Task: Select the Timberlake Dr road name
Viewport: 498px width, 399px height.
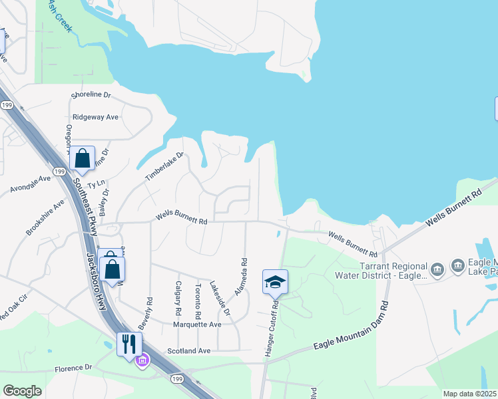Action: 164,167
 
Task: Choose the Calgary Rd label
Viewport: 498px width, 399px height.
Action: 178,297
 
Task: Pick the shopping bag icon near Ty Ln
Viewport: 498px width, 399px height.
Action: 82,159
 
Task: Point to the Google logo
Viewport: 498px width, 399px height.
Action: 22,391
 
